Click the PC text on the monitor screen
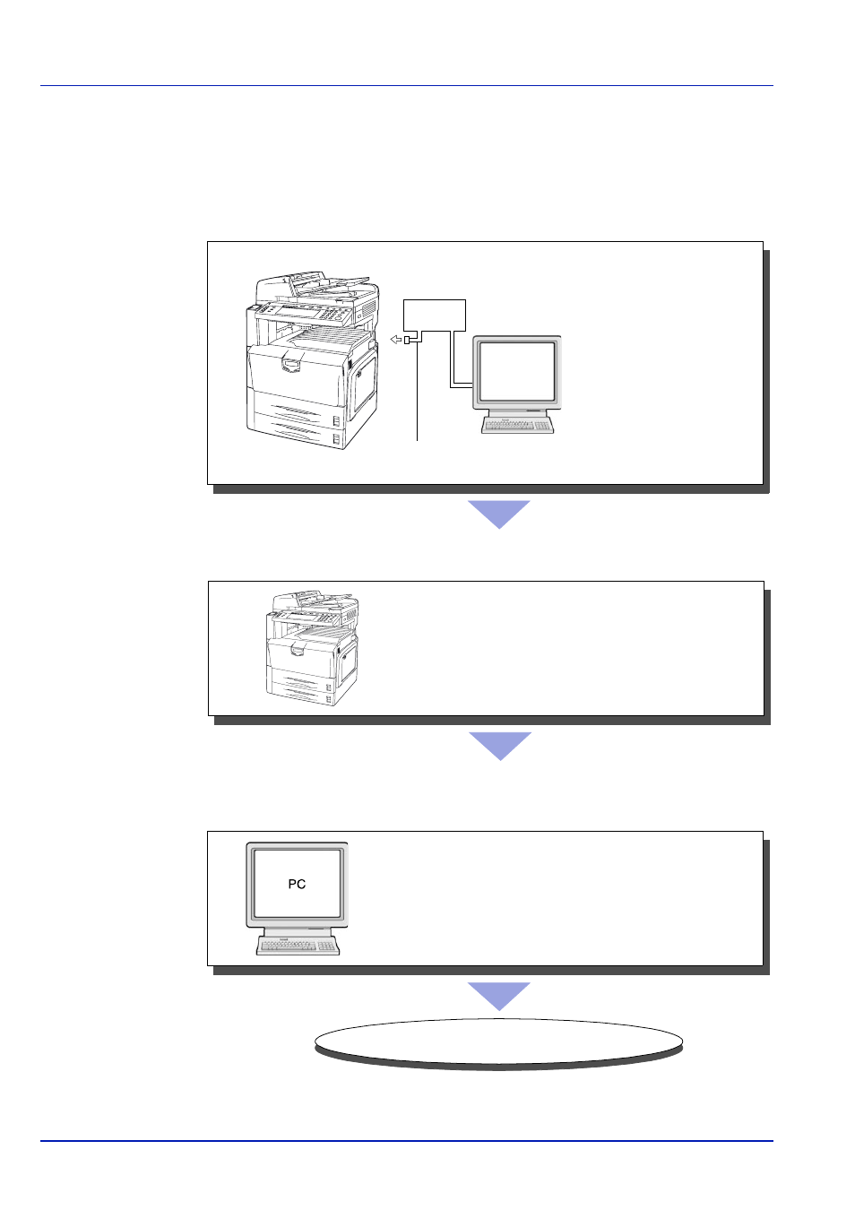coord(297,885)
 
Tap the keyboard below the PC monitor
coord(298,946)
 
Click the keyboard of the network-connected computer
coord(517,425)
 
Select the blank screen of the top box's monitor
coord(517,371)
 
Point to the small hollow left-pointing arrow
coord(396,340)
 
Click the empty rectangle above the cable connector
coord(435,315)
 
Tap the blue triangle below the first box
coord(499,514)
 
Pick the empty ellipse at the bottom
coord(498,1041)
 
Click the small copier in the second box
coord(312,648)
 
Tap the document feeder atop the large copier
coord(316,289)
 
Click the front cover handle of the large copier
coord(291,365)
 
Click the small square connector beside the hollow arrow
coord(407,341)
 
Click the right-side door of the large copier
coord(363,387)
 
